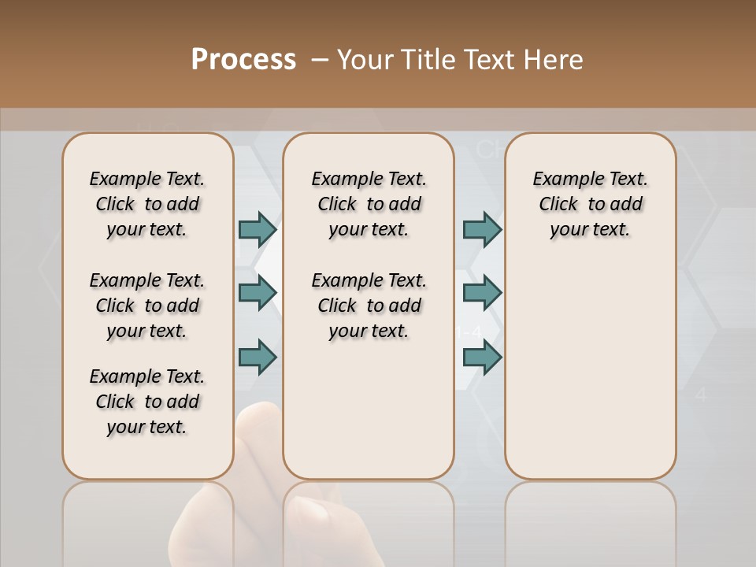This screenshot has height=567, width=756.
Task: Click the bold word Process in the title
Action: click(243, 60)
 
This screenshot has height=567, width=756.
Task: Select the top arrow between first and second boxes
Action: click(258, 229)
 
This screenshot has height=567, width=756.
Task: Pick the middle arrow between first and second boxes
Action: click(258, 293)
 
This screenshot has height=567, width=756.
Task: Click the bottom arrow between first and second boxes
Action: click(258, 357)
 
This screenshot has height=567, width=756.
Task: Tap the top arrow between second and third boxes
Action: click(482, 229)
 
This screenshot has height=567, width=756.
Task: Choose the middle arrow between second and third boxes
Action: click(482, 293)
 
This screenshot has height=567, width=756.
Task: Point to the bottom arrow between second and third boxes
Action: click(482, 357)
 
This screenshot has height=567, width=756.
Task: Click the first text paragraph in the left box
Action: click(147, 204)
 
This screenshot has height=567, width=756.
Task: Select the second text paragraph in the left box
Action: click(147, 306)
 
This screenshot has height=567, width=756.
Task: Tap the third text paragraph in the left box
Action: click(147, 402)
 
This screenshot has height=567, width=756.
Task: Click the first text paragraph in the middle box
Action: click(369, 204)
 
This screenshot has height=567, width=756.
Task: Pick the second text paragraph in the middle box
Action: click(369, 306)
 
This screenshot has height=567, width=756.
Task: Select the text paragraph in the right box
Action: click(590, 204)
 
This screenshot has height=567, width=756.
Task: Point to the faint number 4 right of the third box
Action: click(701, 395)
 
